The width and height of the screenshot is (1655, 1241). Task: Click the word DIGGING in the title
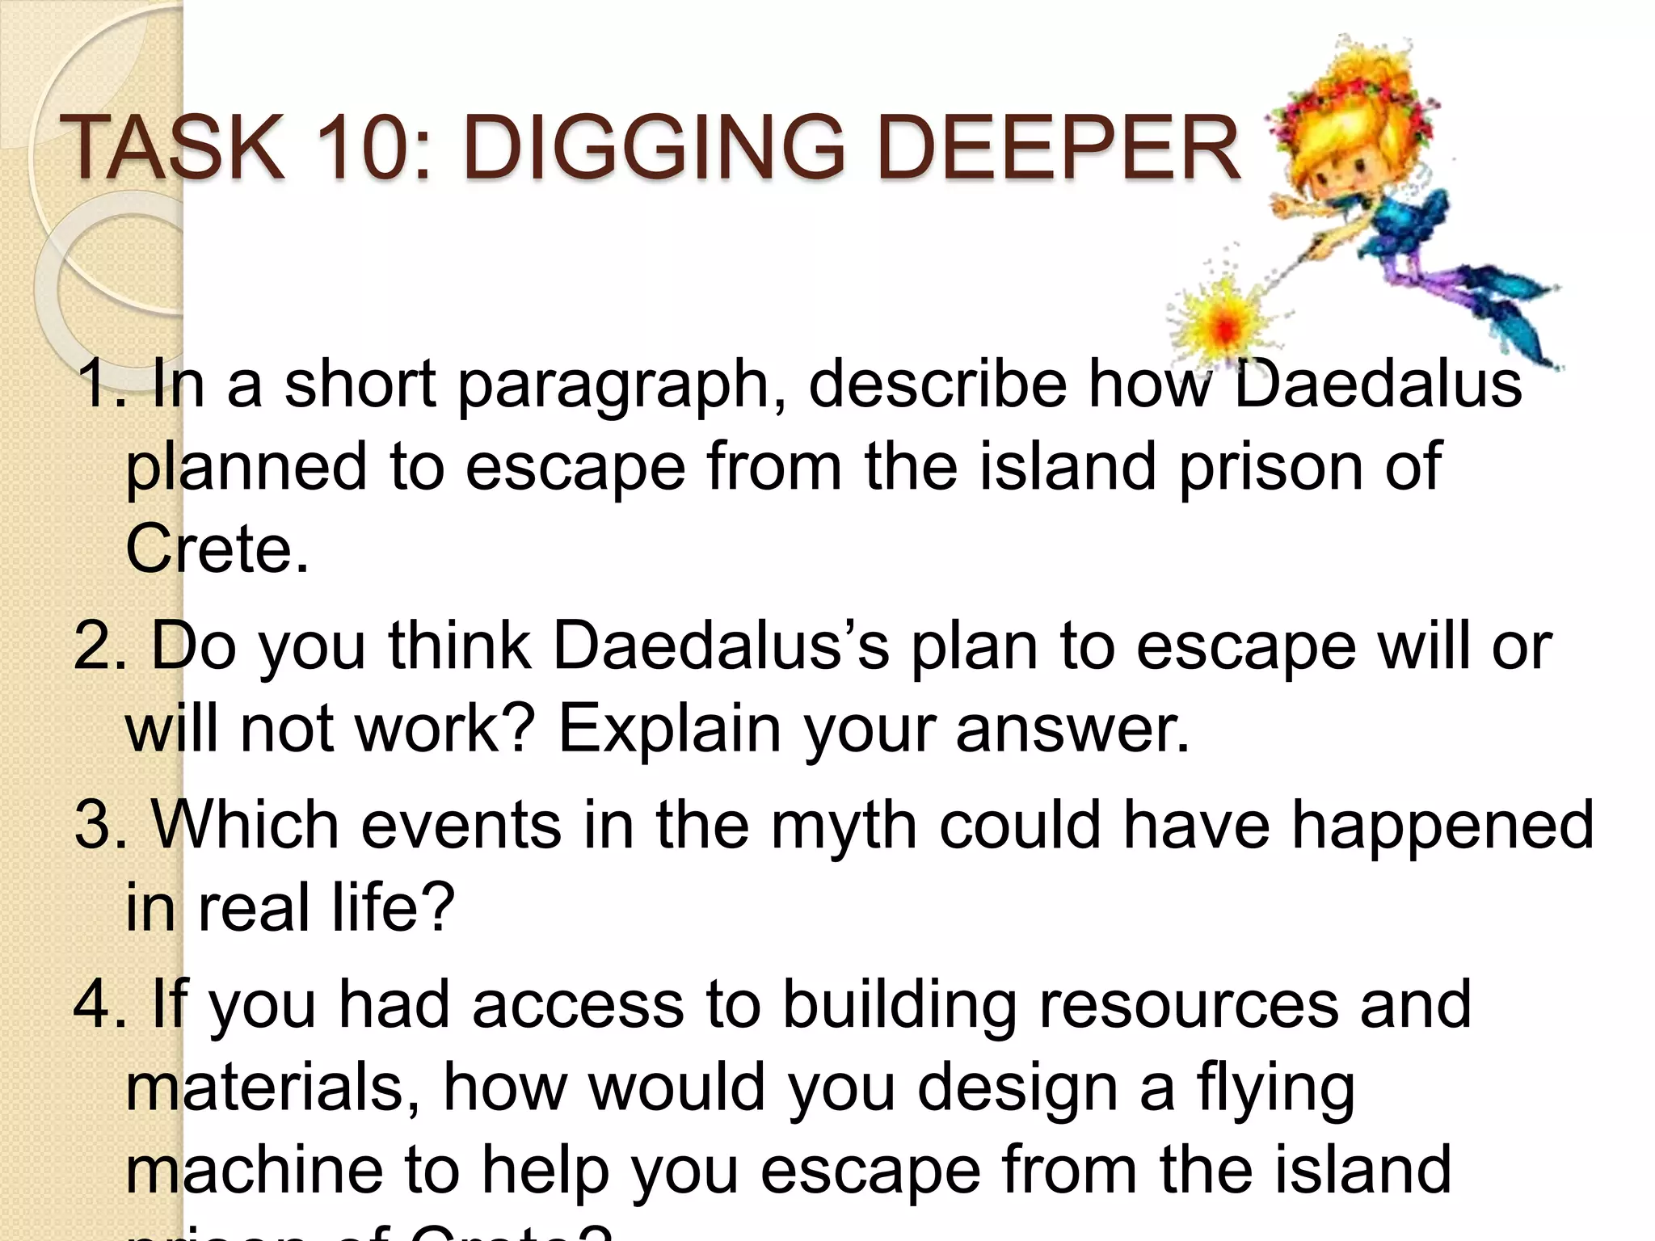click(655, 148)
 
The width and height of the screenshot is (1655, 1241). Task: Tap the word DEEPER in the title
click(1059, 148)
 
